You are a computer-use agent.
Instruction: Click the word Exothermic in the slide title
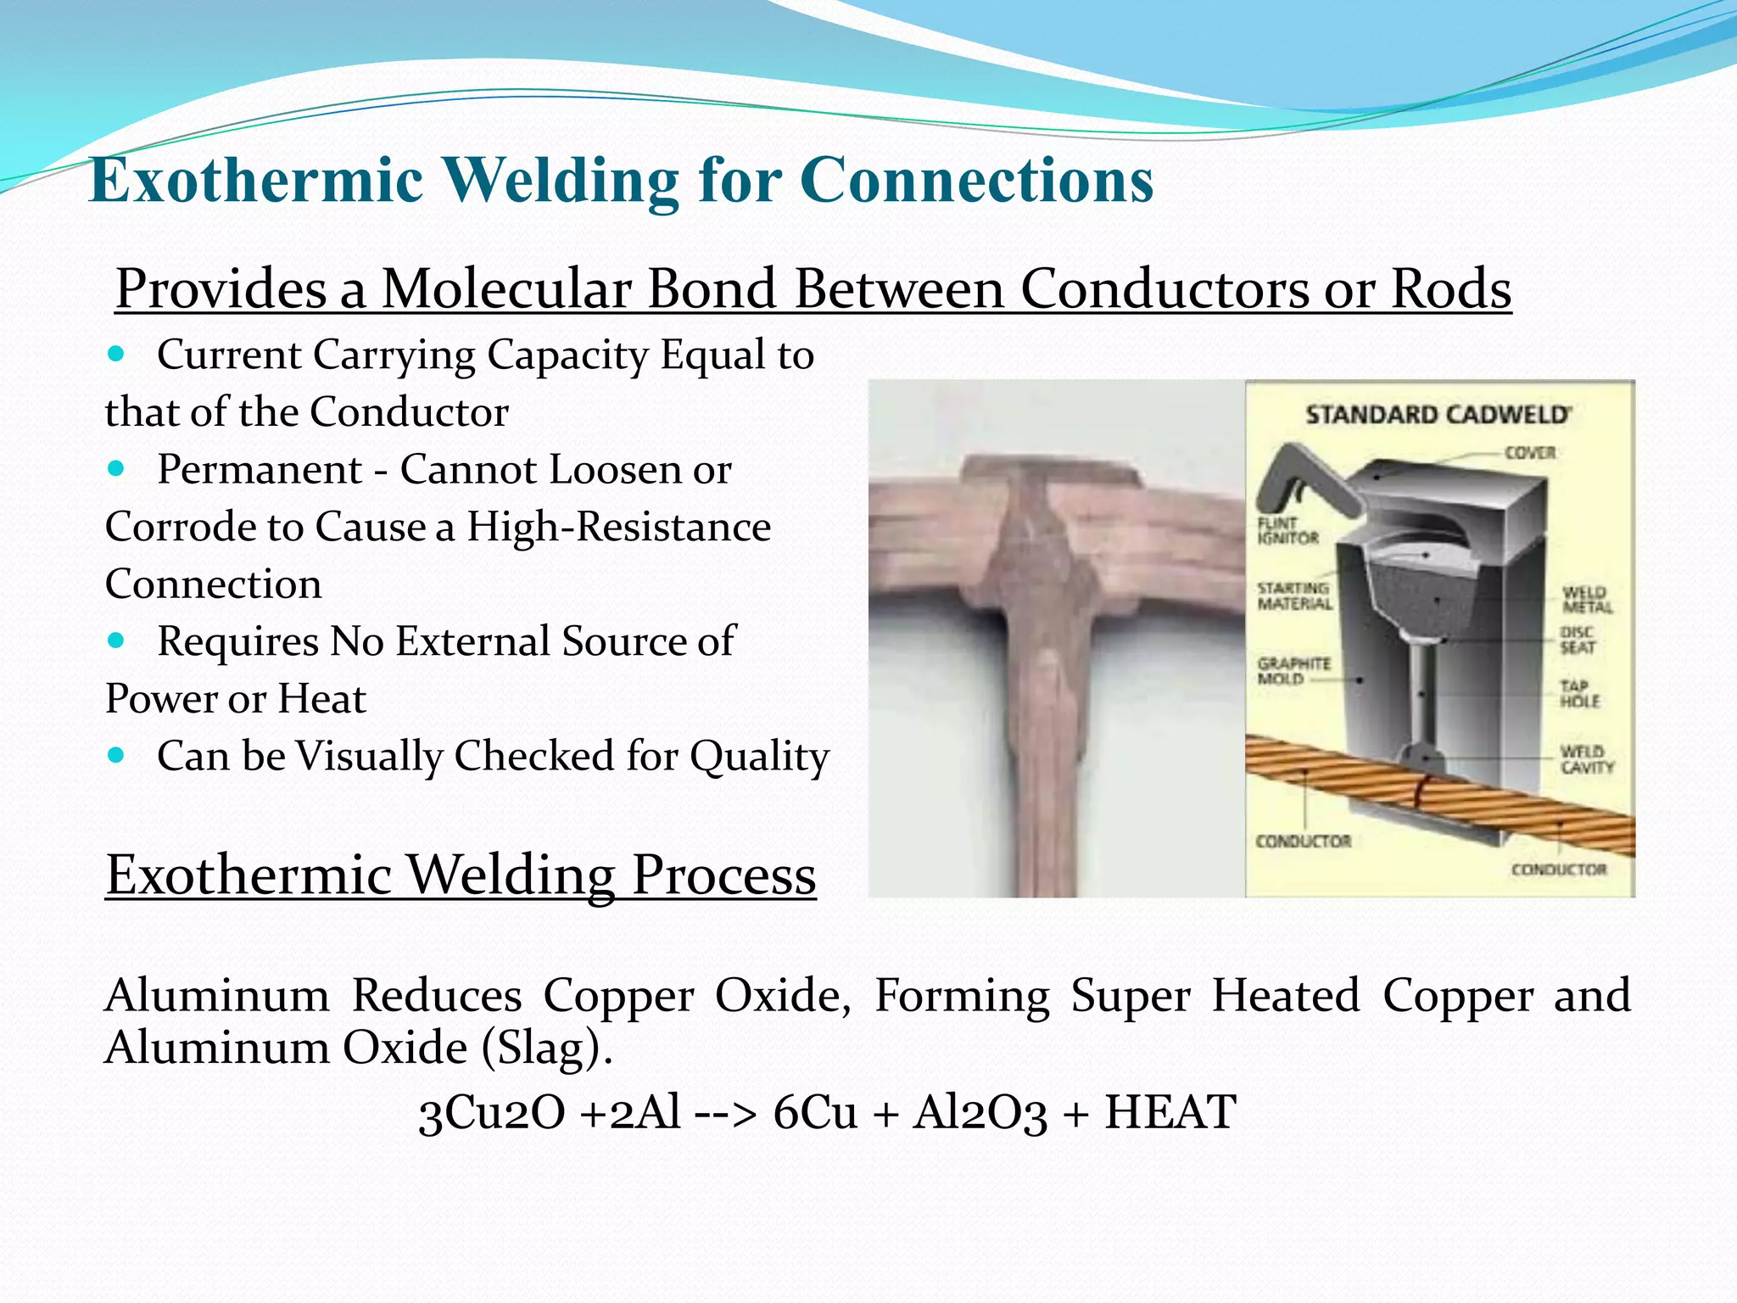pos(256,180)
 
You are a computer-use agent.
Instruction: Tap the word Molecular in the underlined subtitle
pos(505,288)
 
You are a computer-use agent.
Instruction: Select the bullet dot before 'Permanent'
pos(116,467)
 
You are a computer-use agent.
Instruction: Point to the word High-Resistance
pos(618,527)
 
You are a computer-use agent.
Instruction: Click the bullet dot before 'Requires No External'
pos(116,640)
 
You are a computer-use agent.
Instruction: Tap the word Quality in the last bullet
pos(759,756)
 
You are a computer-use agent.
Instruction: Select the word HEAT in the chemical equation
pos(1170,1111)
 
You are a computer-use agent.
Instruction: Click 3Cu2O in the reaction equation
pos(492,1111)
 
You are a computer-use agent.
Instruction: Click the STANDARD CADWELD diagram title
pos(1438,415)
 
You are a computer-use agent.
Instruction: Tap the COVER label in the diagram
pos(1530,452)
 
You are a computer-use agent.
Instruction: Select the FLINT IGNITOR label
pos(1287,530)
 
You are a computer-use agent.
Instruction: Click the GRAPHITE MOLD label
pos(1293,670)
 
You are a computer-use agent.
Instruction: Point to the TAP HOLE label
pos(1579,693)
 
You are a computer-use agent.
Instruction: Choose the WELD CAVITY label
pos(1586,759)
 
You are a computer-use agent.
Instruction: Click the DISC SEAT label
pos(1578,640)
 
